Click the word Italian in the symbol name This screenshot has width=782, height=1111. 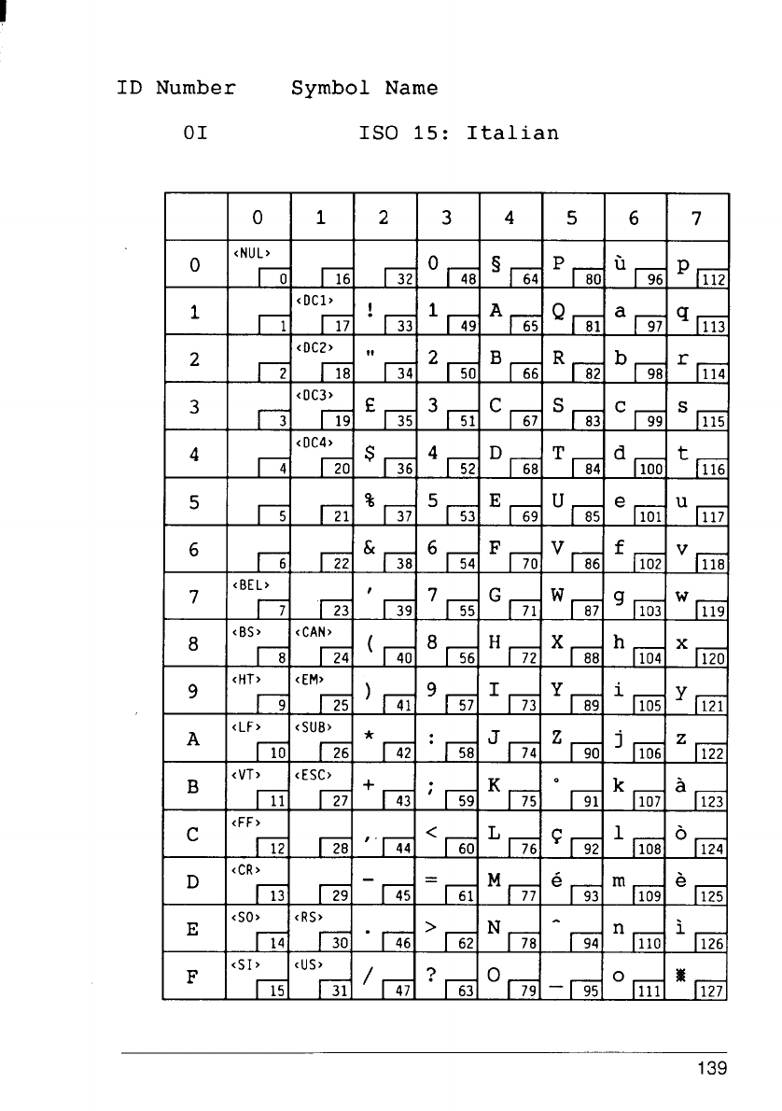pos(512,133)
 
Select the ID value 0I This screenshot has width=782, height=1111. pos(195,133)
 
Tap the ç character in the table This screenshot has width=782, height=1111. pos(559,834)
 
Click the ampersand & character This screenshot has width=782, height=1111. pos(370,549)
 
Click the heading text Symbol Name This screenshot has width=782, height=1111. pos(364,89)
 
